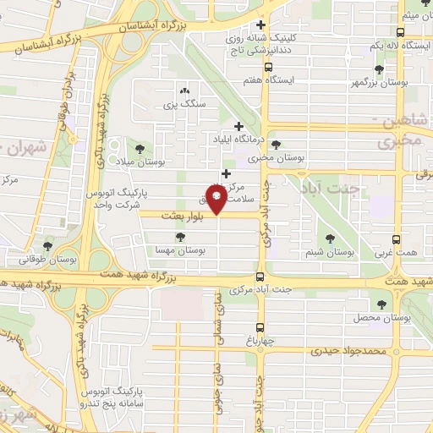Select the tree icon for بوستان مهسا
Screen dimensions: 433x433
pyautogui.click(x=178, y=237)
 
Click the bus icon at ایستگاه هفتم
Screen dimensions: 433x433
pyautogui.click(x=268, y=68)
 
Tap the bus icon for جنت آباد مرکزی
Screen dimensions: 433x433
pyautogui.click(x=260, y=277)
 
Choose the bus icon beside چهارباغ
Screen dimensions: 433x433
pyautogui.click(x=260, y=326)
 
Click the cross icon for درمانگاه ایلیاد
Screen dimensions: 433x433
pyautogui.click(x=239, y=126)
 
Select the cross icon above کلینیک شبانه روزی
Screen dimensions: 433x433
pyautogui.click(x=260, y=25)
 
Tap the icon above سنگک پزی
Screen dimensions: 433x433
pyautogui.click(x=184, y=90)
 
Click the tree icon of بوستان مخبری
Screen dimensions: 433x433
pyautogui.click(x=276, y=145)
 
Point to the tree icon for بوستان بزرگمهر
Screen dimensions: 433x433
pyautogui.click(x=378, y=70)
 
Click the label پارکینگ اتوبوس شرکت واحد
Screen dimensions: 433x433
pyautogui.click(x=117, y=199)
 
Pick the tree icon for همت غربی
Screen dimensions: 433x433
pyautogui.click(x=379, y=238)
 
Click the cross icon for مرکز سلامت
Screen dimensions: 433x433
pyautogui.click(x=226, y=173)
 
